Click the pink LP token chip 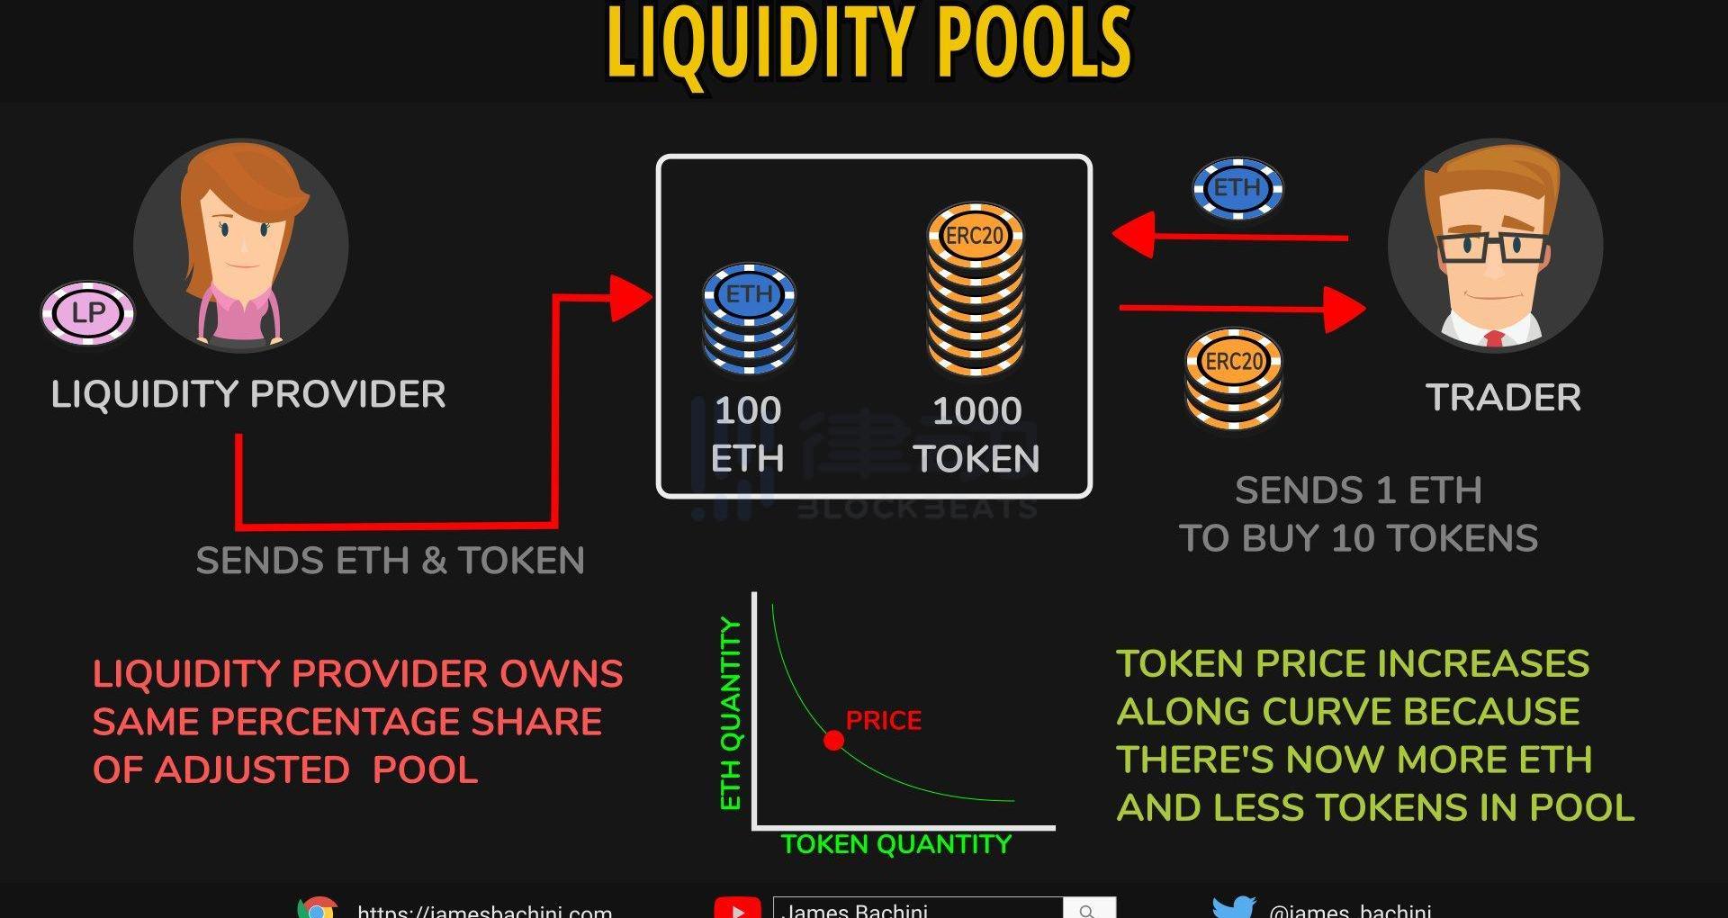[x=88, y=313]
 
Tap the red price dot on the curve [x=834, y=741]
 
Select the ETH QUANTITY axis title [x=731, y=714]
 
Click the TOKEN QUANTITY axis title [x=895, y=844]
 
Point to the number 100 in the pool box [x=748, y=411]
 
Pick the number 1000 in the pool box [x=976, y=411]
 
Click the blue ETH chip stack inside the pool [x=750, y=319]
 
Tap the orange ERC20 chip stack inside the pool [x=976, y=288]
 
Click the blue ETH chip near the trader [x=1237, y=189]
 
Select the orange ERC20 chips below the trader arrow [x=1234, y=378]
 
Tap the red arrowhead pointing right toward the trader [x=1345, y=309]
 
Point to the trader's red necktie [x=1494, y=339]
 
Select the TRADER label [x=1503, y=398]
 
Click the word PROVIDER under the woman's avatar [x=347, y=394]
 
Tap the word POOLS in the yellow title [x=1034, y=43]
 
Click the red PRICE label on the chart [x=884, y=721]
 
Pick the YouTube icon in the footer [x=737, y=909]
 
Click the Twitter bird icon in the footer [x=1233, y=907]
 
